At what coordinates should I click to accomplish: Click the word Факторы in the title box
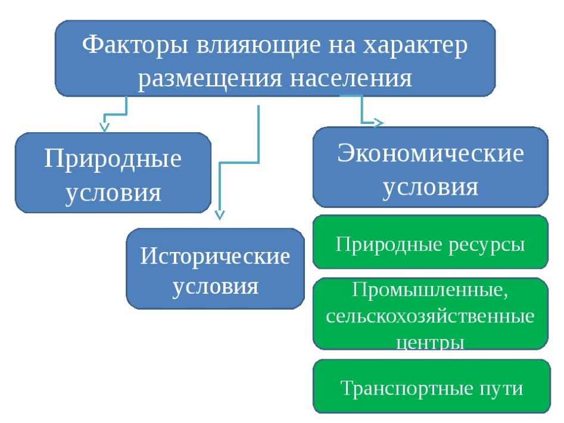[135, 45]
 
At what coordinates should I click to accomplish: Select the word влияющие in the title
[258, 46]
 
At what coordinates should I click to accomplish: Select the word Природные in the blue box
[113, 159]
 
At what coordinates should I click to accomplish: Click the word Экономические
[431, 153]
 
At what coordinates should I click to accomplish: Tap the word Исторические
[215, 256]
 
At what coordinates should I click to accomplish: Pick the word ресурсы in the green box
[487, 245]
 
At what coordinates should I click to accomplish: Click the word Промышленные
[430, 290]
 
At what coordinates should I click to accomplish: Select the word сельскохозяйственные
[430, 316]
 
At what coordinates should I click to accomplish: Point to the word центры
[430, 342]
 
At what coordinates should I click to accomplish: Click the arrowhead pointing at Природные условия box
[104, 127]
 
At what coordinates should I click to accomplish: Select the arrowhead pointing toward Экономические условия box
[379, 123]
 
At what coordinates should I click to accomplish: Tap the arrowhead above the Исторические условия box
[220, 215]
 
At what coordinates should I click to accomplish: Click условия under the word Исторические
[216, 287]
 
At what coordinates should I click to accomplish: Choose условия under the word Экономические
[431, 188]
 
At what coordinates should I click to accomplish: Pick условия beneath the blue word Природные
[113, 194]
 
